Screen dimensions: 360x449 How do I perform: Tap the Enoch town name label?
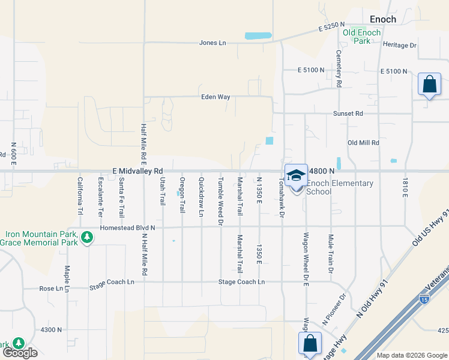(x=382, y=19)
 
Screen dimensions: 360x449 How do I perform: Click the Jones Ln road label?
(x=213, y=43)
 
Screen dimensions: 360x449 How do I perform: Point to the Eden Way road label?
(x=215, y=96)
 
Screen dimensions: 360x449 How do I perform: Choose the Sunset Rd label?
(x=348, y=113)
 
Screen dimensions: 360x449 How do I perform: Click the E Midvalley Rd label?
(x=137, y=171)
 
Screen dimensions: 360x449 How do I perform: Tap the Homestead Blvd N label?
(x=127, y=227)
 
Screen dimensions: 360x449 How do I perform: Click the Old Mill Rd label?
(x=364, y=143)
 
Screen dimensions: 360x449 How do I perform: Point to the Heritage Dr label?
(x=399, y=45)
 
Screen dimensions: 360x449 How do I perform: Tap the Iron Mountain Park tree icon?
(x=88, y=238)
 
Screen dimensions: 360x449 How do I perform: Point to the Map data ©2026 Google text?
(x=411, y=355)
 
